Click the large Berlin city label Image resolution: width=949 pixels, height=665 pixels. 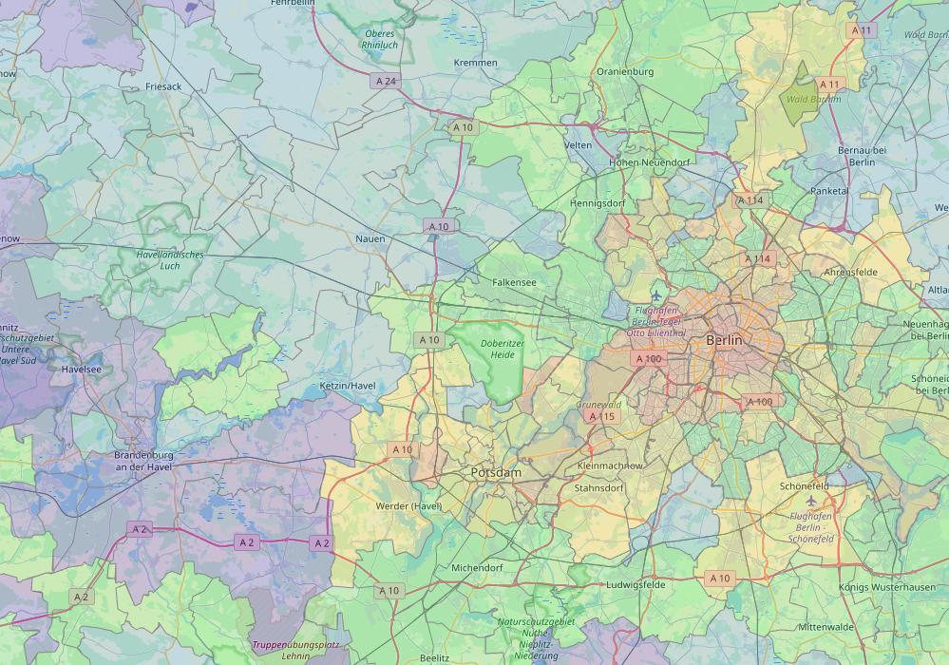tap(724, 340)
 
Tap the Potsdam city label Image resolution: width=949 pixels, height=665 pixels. tap(496, 472)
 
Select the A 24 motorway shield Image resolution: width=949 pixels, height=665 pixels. tap(386, 82)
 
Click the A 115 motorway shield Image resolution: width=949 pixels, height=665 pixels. tap(601, 416)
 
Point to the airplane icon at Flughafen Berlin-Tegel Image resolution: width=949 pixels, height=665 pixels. tap(655, 293)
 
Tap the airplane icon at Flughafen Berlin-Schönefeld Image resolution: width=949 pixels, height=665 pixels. tap(810, 501)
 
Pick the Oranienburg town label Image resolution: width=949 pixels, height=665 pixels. tap(624, 71)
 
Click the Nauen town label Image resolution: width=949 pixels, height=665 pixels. tap(370, 238)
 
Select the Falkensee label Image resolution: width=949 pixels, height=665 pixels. tap(514, 282)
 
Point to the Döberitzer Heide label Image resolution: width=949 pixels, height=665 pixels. tap(503, 349)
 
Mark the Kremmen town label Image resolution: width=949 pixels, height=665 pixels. tap(476, 63)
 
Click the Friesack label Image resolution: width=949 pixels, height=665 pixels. tap(163, 86)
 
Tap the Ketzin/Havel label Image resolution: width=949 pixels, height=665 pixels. tap(348, 386)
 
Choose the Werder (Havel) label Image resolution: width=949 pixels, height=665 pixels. tap(408, 506)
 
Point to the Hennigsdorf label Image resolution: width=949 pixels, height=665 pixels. tap(597, 203)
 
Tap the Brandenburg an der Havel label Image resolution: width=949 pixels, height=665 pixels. tap(143, 461)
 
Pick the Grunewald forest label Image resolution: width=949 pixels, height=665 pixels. tap(598, 405)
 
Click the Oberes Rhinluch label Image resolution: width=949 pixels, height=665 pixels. tap(381, 39)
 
